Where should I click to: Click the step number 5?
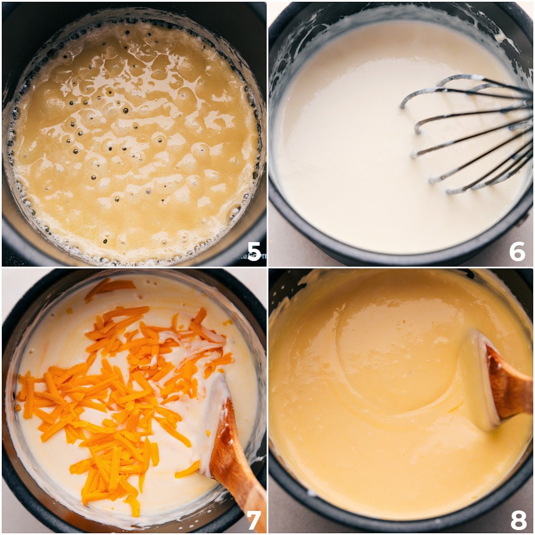click(254, 252)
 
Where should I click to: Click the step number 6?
click(517, 252)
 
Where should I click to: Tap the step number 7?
click(254, 519)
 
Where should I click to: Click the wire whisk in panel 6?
click(473, 134)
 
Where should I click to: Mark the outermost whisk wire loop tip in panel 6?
click(403, 105)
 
